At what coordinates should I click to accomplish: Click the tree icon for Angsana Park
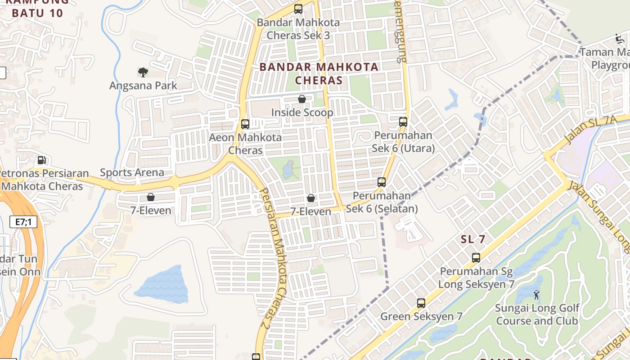coord(143,72)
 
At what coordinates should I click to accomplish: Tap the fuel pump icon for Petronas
coord(41,160)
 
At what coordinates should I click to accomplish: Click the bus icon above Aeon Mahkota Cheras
coord(245,124)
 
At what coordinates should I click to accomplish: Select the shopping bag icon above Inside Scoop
coord(302,99)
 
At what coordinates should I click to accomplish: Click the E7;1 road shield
coord(23,222)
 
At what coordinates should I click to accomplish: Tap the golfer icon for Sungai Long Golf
coord(536,295)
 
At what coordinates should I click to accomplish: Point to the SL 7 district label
coord(473,239)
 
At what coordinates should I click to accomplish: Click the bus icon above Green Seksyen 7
coord(421,303)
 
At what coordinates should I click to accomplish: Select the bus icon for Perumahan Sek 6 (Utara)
coord(403,121)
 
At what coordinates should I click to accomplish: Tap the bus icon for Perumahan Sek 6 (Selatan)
coord(382,182)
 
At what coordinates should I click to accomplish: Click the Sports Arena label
coord(132,172)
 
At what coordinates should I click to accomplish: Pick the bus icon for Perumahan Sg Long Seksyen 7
coord(476,258)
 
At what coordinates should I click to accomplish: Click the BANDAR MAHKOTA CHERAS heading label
coord(319,74)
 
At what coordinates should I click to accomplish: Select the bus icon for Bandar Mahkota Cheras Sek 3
coord(298,9)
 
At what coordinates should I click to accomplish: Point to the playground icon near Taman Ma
coord(620,39)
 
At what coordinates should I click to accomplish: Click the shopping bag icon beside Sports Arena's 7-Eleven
coord(151,197)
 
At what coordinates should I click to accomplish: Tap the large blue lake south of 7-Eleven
coord(162,284)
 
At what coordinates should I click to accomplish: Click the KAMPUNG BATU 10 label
coord(38,8)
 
